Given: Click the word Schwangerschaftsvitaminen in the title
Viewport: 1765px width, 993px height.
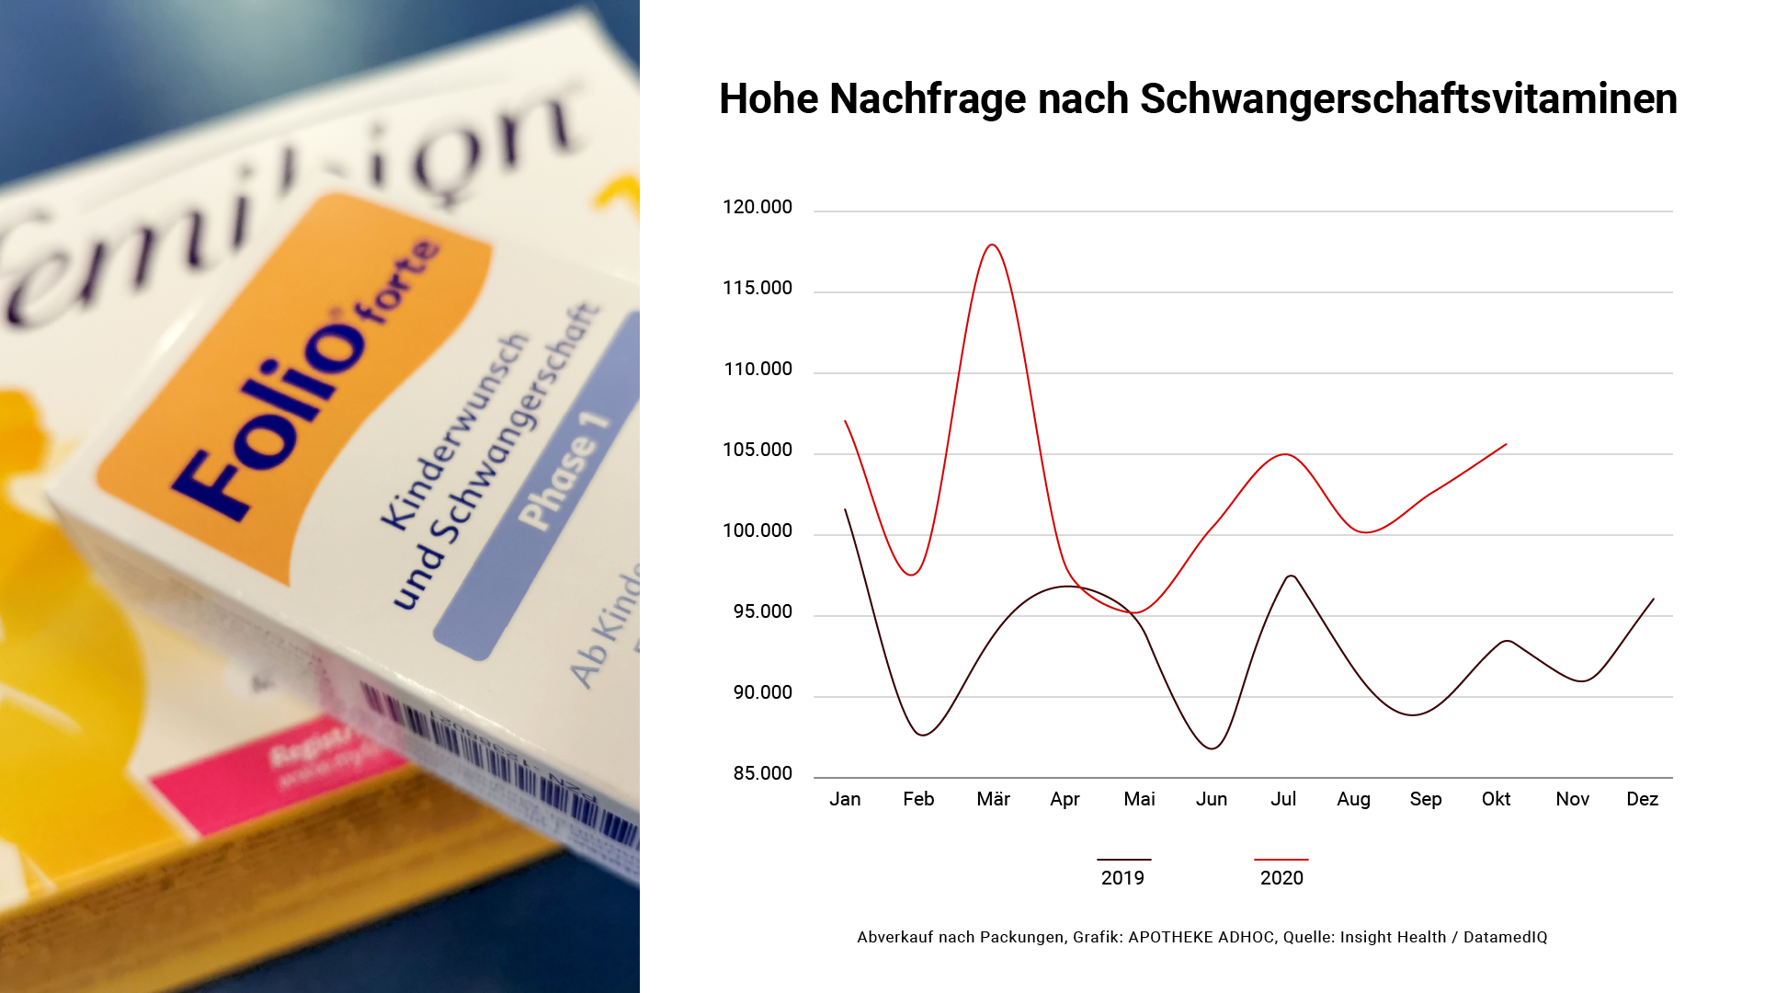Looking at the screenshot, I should tap(1408, 99).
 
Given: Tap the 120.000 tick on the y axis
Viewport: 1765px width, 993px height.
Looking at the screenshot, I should tap(757, 207).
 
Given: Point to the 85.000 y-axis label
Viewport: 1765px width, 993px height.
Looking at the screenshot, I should tap(762, 773).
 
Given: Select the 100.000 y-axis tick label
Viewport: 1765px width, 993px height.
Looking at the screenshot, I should tap(757, 531).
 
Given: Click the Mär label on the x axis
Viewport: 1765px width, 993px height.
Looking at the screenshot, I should tap(993, 799).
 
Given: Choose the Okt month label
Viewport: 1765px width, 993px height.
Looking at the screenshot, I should tap(1496, 799).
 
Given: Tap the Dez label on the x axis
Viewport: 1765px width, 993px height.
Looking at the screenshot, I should tap(1642, 799).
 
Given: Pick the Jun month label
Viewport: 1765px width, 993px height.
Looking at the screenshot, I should tap(1211, 799).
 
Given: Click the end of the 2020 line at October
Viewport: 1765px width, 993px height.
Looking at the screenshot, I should tap(1505, 445).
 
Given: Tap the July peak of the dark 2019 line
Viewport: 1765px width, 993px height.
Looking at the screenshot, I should tap(1292, 576).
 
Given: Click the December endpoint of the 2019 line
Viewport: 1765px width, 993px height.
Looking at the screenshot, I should tap(1653, 599).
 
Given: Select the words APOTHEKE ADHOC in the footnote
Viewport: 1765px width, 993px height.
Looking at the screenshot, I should tap(1201, 937).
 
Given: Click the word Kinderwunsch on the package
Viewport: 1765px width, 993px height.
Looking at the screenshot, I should tap(455, 432).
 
